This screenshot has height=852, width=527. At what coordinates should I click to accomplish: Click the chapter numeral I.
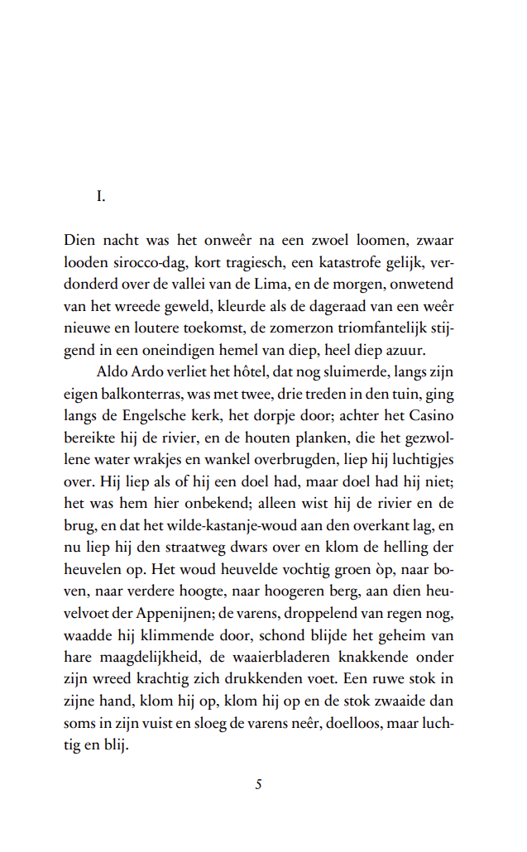(x=101, y=196)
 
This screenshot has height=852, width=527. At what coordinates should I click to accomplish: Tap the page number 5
(x=259, y=784)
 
